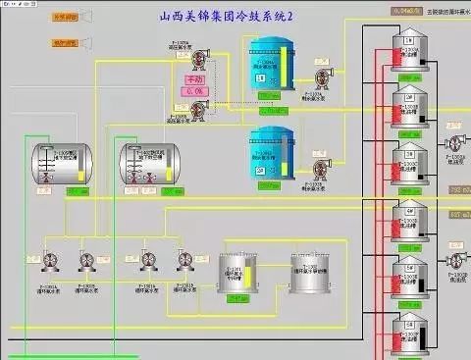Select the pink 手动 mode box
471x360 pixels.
pos(195,79)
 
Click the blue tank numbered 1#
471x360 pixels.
pos(269,66)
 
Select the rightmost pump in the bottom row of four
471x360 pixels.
pos(183,259)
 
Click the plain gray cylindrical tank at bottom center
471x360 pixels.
pos(310,272)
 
